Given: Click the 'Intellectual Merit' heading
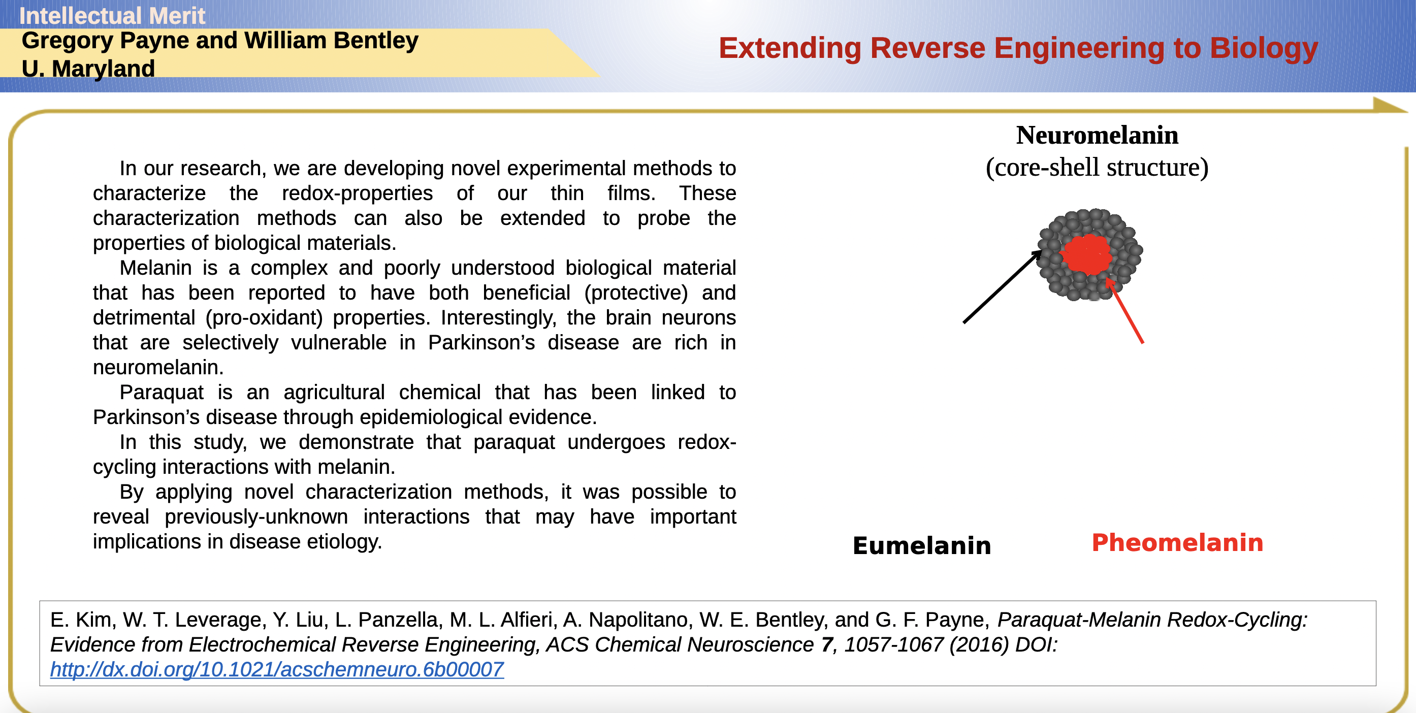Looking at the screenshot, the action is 112,15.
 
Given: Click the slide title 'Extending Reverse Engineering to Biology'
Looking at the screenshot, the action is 1018,48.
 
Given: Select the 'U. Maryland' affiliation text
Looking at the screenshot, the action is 88,69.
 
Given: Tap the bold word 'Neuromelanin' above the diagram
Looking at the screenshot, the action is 1097,135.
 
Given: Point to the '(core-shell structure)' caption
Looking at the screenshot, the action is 1097,167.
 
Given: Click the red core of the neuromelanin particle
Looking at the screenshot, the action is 1087,254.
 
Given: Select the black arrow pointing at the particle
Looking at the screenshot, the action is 1002,286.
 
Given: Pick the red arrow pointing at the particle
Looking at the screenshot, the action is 1124,311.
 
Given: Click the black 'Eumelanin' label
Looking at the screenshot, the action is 922,545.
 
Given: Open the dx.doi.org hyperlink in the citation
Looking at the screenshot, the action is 277,669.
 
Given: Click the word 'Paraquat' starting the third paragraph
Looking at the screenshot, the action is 162,392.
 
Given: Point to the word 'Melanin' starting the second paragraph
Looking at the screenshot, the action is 155,268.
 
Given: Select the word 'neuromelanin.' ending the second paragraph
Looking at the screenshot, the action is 158,367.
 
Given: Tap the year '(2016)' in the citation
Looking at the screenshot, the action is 980,644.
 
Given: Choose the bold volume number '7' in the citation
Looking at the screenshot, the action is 828,644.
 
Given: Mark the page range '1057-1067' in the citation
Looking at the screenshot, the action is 894,644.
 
